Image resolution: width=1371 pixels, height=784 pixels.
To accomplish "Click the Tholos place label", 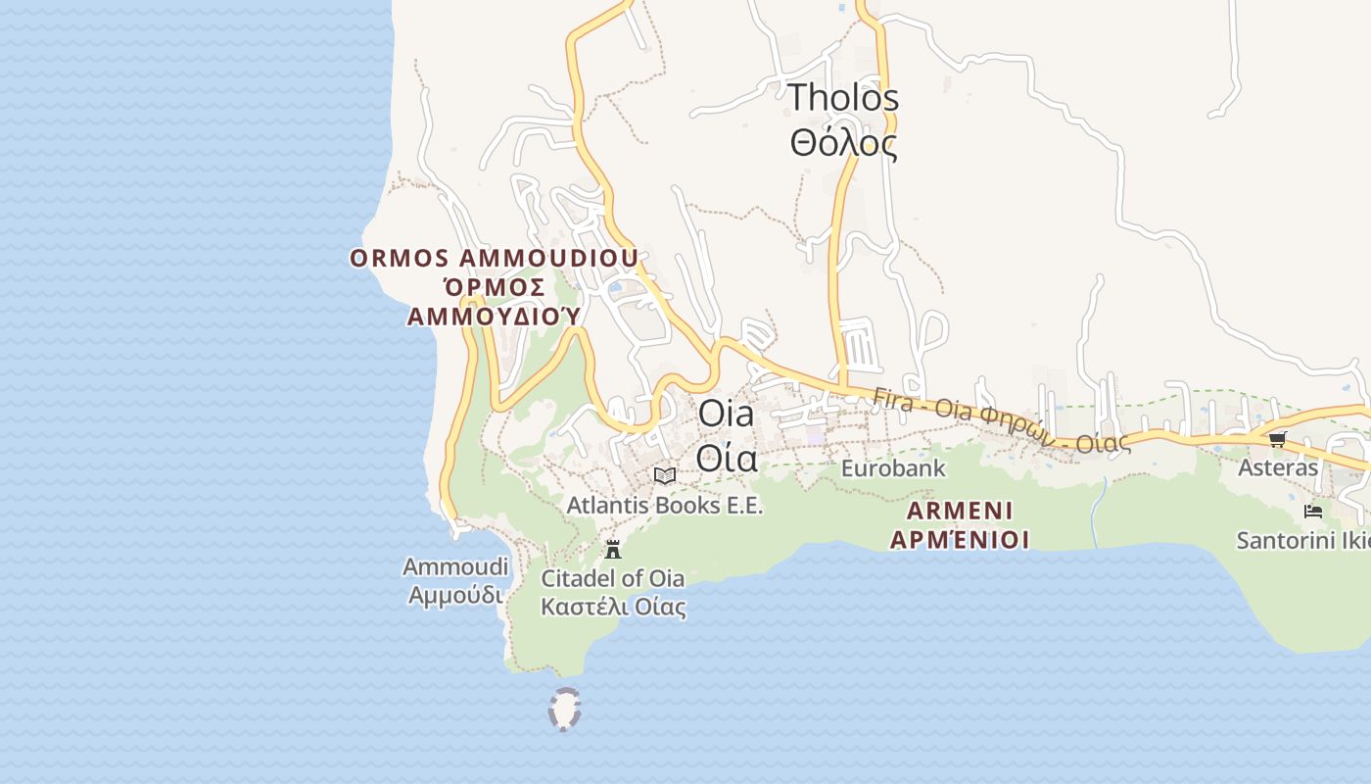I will (x=843, y=97).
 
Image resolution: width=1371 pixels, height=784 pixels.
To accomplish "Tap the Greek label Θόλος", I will (x=843, y=143).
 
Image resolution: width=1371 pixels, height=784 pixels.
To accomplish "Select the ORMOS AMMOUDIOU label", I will (x=495, y=258).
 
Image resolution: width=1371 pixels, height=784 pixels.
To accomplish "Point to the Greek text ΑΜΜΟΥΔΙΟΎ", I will (x=494, y=316).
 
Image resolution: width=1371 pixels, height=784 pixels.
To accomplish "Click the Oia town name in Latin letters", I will (x=726, y=414).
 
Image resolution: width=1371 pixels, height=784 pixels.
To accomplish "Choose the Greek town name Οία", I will (x=726, y=457).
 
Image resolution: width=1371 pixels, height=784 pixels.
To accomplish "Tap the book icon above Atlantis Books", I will (x=665, y=475).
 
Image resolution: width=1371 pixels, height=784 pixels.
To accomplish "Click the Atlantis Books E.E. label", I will (x=664, y=506).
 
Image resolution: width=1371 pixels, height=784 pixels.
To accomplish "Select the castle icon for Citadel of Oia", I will (x=613, y=549).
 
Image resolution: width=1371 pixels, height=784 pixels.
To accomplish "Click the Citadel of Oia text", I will (x=613, y=578).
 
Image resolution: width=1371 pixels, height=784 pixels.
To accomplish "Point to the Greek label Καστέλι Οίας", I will (x=613, y=607).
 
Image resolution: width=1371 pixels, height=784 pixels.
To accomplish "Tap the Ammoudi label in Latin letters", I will (x=455, y=566).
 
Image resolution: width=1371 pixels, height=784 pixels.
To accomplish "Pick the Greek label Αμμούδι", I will (x=455, y=595).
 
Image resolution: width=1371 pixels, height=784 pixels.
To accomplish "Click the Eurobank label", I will (x=893, y=468).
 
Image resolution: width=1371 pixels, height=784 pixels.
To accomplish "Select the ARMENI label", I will (x=960, y=511).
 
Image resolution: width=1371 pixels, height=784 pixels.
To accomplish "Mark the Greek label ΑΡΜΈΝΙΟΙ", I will (x=960, y=539).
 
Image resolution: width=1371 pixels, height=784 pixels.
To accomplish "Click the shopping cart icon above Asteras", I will (x=1277, y=439).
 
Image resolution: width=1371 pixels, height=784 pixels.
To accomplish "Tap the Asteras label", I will (x=1278, y=467).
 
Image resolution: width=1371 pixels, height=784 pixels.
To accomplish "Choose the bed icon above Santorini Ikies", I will (x=1313, y=511).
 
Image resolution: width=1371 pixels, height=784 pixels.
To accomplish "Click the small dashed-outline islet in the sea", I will (x=564, y=710).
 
